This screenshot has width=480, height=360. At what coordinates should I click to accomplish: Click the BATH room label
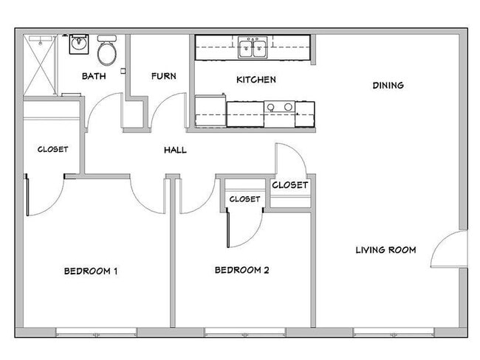point(93,76)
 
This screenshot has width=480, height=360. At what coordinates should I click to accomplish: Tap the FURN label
point(162,76)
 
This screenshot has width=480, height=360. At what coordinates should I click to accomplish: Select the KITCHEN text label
point(256,80)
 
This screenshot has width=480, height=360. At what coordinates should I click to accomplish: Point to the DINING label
point(388,86)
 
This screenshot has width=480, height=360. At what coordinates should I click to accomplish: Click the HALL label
point(175,150)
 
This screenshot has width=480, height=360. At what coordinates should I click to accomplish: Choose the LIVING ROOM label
point(385,250)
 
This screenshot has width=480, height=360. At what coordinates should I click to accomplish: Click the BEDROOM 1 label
point(91,271)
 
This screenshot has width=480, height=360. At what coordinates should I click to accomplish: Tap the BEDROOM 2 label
point(241,270)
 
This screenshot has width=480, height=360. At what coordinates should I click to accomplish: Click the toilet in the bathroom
point(107,50)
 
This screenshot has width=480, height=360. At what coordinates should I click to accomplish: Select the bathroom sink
point(78,45)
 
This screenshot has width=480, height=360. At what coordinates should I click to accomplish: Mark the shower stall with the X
point(40,65)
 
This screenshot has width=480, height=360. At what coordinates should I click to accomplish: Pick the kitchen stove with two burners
point(279,108)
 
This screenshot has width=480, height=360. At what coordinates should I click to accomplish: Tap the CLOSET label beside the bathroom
point(52,150)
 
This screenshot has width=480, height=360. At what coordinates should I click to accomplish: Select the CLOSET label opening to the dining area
point(289,185)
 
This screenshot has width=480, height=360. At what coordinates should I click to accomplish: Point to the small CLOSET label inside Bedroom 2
point(244,199)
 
